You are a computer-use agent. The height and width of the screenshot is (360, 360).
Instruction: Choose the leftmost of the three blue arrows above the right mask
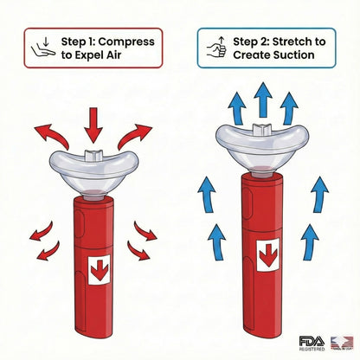(234, 105)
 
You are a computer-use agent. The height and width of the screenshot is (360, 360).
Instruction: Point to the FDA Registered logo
(310, 343)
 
